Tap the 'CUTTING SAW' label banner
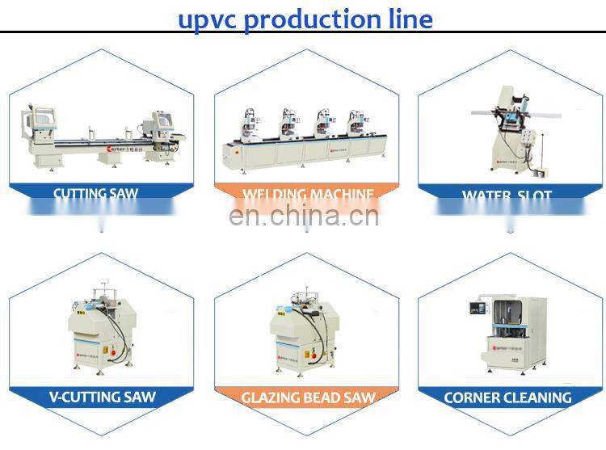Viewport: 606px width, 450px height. pos(96,194)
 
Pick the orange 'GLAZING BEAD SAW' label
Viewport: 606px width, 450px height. pos(307,397)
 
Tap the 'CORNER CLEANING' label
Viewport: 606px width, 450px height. pos(507,397)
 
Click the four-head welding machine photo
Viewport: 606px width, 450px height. pos(303,137)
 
